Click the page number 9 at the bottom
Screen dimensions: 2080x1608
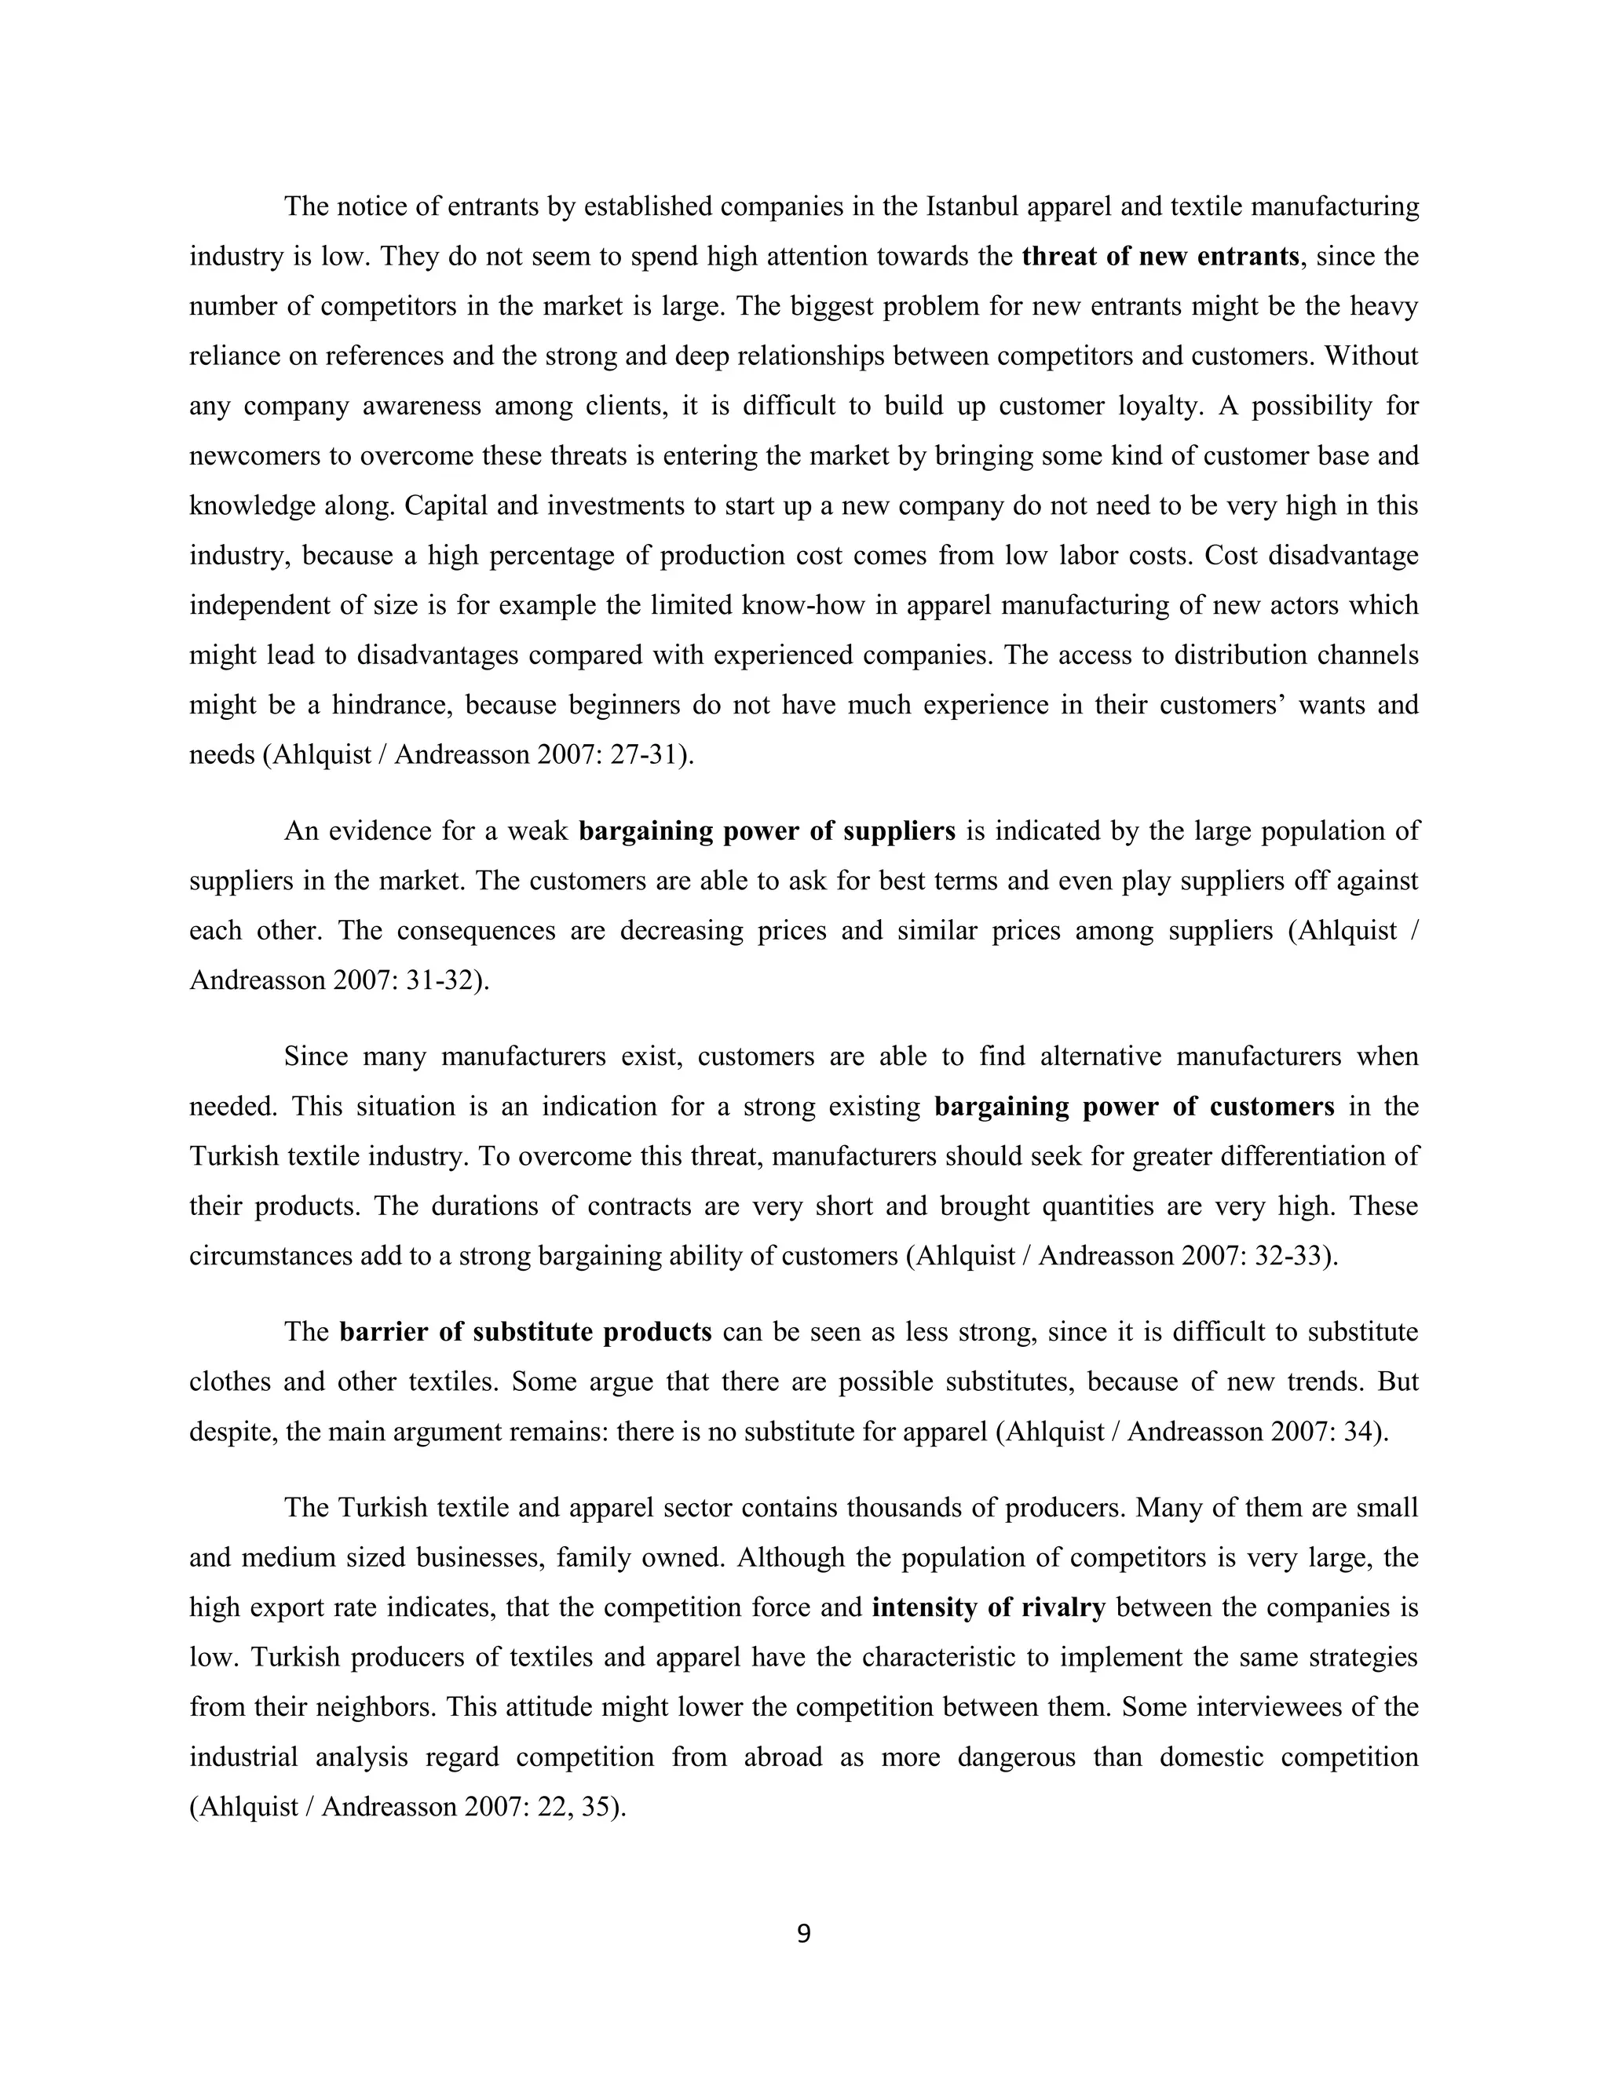tap(803, 1934)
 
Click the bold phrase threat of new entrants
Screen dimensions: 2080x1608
tap(1160, 256)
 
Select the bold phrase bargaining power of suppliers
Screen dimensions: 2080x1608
tap(767, 831)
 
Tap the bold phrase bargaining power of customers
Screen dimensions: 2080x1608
tap(1135, 1107)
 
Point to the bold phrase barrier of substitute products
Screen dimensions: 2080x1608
tap(525, 1331)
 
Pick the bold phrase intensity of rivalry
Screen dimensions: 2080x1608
tap(988, 1607)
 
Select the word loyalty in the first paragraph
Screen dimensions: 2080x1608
tap(1157, 407)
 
